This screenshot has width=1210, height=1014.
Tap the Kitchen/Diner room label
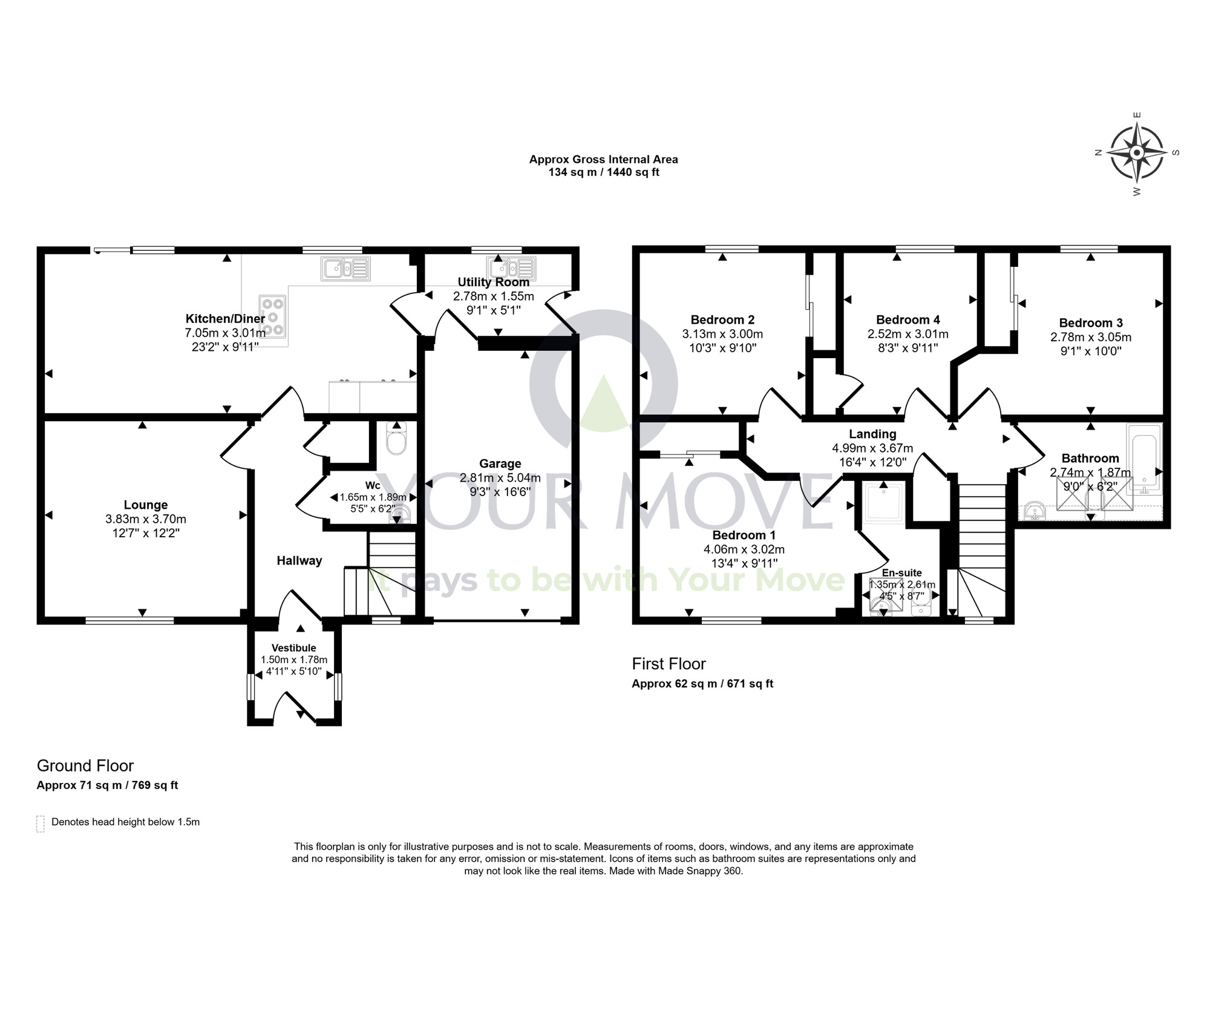pyautogui.click(x=225, y=319)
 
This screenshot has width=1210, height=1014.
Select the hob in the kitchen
pyautogui.click(x=273, y=315)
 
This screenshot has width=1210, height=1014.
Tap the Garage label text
pyautogui.click(x=500, y=463)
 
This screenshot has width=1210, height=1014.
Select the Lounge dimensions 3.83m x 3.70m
pyautogui.click(x=146, y=519)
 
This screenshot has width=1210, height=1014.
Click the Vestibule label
pyautogui.click(x=293, y=648)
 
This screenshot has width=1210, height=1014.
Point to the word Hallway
pyautogui.click(x=299, y=561)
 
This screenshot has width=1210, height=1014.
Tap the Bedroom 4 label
pyautogui.click(x=907, y=319)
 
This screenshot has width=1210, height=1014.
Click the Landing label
pyautogui.click(x=872, y=434)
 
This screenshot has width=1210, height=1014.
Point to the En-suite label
pyautogui.click(x=901, y=573)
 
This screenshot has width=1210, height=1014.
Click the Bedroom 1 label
pyautogui.click(x=744, y=535)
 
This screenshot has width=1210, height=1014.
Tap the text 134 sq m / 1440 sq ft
pyautogui.click(x=603, y=172)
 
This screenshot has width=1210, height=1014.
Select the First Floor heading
pyautogui.click(x=669, y=664)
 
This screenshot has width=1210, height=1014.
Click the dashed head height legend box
pyautogui.click(x=41, y=824)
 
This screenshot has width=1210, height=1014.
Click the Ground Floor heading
pyautogui.click(x=85, y=766)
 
